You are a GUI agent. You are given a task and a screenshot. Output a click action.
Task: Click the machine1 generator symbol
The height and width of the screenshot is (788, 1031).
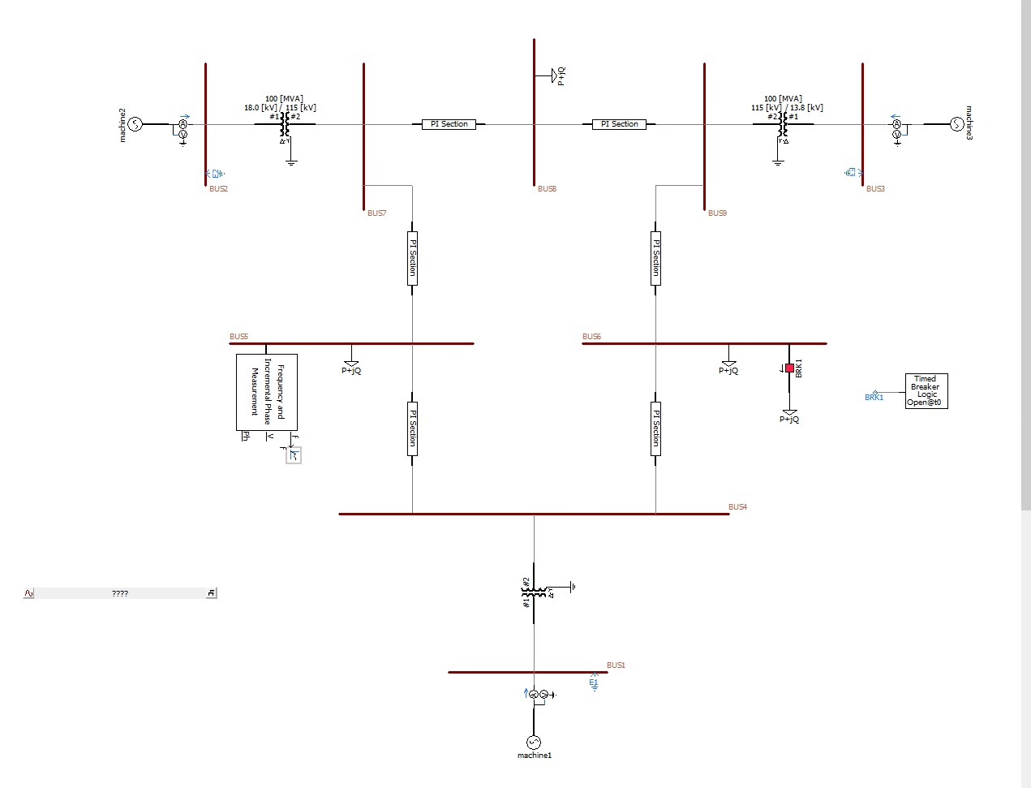[x=534, y=742]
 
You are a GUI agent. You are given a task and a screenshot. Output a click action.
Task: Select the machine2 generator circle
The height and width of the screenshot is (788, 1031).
[x=135, y=124]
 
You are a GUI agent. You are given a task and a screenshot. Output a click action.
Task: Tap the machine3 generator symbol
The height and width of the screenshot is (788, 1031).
[x=956, y=124]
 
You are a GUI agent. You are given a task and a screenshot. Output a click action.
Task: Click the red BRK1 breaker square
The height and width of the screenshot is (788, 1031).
[x=789, y=368]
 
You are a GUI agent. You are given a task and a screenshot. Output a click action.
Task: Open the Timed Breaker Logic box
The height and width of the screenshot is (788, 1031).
[x=926, y=390]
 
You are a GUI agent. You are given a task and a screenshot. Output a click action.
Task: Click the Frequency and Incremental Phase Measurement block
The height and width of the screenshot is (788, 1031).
[x=267, y=392]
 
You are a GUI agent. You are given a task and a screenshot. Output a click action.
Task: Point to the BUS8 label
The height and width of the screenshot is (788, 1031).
[x=547, y=189]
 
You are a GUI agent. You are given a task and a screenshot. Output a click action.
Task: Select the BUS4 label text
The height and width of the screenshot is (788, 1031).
[x=737, y=507]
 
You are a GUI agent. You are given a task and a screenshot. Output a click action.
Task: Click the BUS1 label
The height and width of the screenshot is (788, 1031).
[x=616, y=665]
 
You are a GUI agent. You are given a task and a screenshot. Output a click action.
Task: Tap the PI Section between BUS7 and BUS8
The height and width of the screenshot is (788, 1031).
[x=449, y=124]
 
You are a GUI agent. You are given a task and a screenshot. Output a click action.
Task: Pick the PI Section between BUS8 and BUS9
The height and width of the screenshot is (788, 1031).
[x=619, y=124]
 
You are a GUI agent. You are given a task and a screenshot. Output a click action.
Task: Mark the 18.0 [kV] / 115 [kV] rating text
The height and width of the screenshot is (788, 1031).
[x=280, y=108]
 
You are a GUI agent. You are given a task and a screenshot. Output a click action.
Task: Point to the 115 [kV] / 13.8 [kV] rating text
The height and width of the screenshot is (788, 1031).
[x=787, y=108]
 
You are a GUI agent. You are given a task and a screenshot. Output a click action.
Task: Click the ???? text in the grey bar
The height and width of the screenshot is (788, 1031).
[x=120, y=594]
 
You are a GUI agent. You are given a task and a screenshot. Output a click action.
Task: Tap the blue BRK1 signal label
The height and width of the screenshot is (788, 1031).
[x=874, y=398]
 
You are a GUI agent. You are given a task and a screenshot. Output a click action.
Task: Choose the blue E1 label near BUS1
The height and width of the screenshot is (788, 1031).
[x=593, y=683]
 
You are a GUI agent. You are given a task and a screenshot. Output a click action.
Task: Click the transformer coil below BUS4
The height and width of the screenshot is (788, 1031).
[x=534, y=592]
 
